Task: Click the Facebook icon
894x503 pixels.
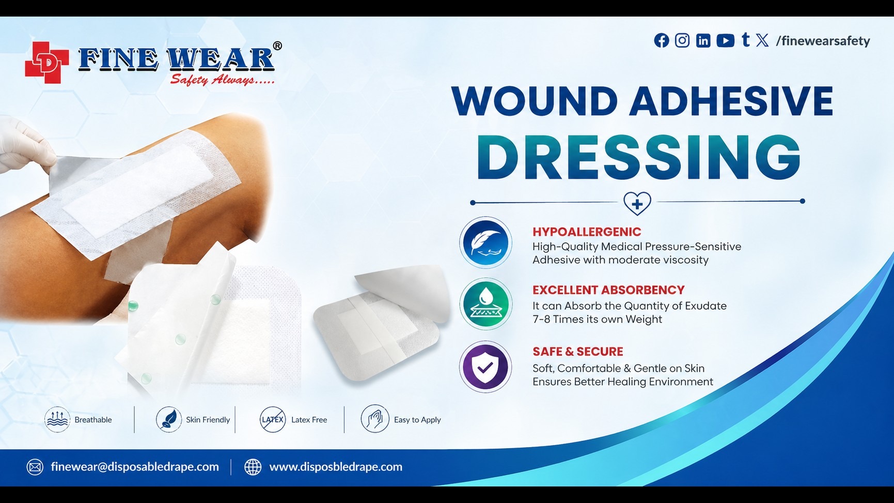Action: point(662,40)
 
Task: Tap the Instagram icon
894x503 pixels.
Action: point(682,40)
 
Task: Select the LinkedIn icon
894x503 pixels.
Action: point(703,40)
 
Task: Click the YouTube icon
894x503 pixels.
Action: point(726,40)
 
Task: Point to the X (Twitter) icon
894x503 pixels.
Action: point(762,40)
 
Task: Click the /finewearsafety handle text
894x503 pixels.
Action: point(823,41)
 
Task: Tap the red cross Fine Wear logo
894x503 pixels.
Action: point(46,63)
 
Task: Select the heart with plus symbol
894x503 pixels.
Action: point(637,203)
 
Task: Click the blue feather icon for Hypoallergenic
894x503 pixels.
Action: point(485,242)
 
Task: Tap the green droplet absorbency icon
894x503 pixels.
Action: point(485,304)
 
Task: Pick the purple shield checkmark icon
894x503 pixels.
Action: point(485,367)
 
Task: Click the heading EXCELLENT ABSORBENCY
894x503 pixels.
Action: point(608,290)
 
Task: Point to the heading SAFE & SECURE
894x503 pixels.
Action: point(578,352)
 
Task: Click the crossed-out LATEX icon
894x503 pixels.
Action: point(273,419)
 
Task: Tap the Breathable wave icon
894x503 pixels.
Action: point(57,419)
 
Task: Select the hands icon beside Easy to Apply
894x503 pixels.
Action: point(375,419)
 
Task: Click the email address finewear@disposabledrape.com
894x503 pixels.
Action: point(135,467)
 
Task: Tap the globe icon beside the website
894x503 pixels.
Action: point(253,467)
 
